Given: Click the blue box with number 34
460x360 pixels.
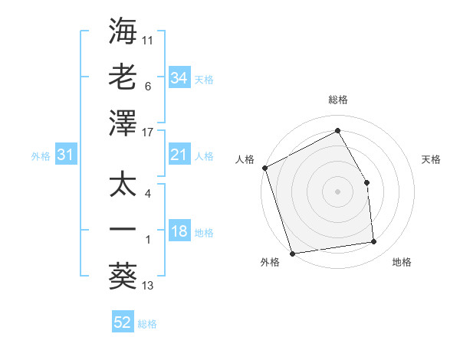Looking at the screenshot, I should click(179, 78).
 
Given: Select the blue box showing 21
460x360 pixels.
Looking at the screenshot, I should click(179, 155).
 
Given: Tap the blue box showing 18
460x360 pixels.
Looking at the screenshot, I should click(179, 232).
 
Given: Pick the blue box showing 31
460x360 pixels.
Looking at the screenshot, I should click(65, 155).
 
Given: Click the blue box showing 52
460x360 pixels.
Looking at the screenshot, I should click(123, 322).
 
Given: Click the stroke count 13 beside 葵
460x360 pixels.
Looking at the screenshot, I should click(149, 286).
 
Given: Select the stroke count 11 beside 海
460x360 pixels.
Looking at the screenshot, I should click(149, 39).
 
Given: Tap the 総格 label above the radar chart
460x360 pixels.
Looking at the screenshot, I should click(337, 100).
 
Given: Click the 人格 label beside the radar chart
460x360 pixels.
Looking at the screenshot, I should click(245, 159).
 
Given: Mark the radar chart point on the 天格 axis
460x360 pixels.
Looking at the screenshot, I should click(366, 182).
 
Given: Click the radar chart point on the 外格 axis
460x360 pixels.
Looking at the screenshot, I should click(293, 253).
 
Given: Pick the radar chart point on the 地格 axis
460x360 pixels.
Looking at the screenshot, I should click(374, 242).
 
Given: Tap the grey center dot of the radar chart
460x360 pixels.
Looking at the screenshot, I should click(337, 191).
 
